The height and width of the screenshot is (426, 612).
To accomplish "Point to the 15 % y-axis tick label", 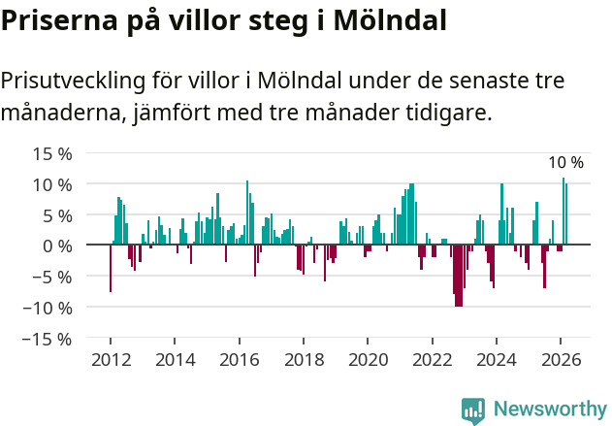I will pos(52,153).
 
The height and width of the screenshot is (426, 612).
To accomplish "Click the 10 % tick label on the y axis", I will pos(52,184).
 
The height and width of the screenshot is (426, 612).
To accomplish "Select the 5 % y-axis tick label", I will pos(57,214).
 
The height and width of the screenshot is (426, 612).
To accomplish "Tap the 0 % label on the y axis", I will pos(57,246).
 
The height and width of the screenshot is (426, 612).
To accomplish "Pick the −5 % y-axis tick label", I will pos(52,277).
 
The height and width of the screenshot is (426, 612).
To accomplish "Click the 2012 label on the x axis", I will pos(111,360).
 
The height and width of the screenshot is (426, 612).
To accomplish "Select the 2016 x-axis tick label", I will pos(240,360).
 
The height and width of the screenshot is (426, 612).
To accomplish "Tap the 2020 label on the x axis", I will pos(369,360).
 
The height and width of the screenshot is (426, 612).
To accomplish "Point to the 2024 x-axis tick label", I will pos(497,360).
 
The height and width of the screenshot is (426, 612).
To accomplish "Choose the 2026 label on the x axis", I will pos(562,360).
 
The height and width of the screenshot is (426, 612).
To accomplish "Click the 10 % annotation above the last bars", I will pos(565,163).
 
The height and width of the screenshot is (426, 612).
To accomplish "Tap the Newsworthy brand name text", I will pos(549,410).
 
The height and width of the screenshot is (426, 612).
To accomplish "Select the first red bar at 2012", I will pos(111,269).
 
